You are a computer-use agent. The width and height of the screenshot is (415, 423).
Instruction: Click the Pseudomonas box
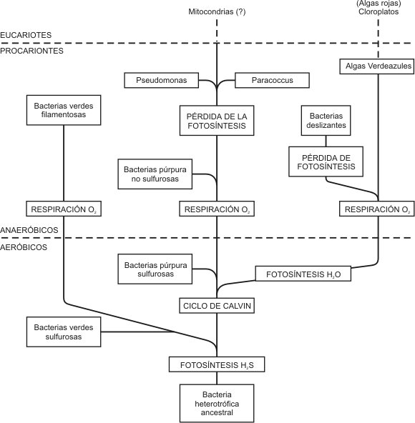point(161,80)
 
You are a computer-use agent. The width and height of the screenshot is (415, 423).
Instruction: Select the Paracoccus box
point(272,80)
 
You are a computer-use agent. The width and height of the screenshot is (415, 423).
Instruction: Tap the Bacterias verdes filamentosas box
point(64,110)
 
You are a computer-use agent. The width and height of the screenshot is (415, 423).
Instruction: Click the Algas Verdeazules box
point(376,66)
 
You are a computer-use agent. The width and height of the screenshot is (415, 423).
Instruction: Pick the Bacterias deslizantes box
point(326,120)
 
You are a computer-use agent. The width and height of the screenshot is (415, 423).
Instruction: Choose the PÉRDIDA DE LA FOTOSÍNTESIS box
point(217,120)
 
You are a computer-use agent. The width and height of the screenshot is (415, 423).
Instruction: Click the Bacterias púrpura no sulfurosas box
point(155,174)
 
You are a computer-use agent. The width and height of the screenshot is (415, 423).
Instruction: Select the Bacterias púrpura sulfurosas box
point(155,269)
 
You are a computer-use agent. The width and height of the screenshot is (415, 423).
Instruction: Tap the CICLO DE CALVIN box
point(217,306)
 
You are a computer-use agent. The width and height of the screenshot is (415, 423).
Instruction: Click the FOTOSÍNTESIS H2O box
point(303,274)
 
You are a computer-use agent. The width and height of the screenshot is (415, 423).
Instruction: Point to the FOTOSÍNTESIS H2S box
point(217,364)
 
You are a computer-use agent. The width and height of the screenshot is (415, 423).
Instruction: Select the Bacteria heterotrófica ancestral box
point(217,403)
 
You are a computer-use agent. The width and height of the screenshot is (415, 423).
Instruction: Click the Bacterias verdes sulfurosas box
point(64,332)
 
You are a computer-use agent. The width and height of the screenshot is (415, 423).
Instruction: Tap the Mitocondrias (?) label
point(217,12)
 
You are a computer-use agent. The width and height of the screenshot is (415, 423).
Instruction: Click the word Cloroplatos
point(379,12)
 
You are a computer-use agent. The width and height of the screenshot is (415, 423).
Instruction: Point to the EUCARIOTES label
point(26,35)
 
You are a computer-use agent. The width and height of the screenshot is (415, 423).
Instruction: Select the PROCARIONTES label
point(31,51)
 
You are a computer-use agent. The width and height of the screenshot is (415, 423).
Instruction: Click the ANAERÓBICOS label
point(29,230)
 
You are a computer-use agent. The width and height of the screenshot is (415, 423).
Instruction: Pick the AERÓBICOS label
point(24,247)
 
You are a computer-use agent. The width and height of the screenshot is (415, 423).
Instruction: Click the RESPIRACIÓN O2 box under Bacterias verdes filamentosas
point(64,209)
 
